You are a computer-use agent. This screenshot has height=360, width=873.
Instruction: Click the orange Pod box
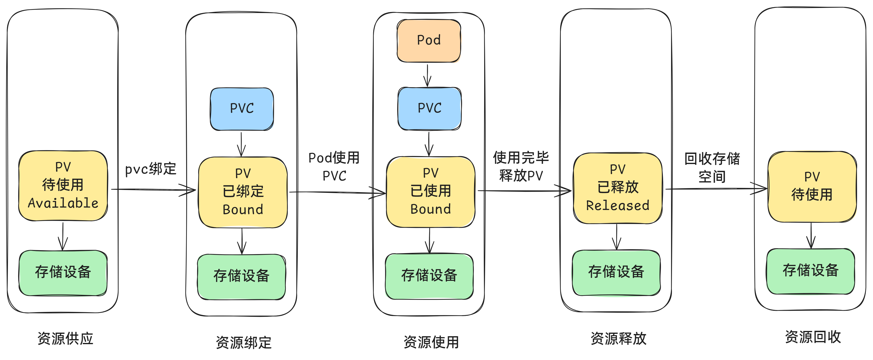pyautogui.click(x=429, y=41)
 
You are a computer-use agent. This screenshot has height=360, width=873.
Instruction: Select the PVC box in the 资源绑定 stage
pyautogui.click(x=242, y=109)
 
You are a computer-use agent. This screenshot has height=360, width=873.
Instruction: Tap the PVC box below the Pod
pyautogui.click(x=429, y=109)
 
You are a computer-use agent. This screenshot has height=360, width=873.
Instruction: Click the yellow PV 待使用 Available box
pyautogui.click(x=63, y=185)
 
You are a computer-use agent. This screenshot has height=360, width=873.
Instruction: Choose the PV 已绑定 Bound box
pyautogui.click(x=243, y=192)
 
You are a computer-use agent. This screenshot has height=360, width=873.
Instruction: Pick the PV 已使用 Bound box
pyautogui.click(x=430, y=191)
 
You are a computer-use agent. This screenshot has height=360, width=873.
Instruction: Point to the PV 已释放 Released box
pyautogui.click(x=617, y=188)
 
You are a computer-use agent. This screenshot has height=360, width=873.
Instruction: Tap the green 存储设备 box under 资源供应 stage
pyautogui.click(x=63, y=273)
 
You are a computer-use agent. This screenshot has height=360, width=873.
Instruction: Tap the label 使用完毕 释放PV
pyautogui.click(x=521, y=166)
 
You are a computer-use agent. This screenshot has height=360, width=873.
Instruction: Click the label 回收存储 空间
pyautogui.click(x=712, y=167)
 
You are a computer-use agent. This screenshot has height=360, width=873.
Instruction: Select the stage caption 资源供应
pyautogui.click(x=65, y=339)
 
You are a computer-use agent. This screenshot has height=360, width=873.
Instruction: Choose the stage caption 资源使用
pyautogui.click(x=431, y=342)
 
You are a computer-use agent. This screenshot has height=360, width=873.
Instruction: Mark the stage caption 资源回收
pyautogui.click(x=813, y=337)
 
